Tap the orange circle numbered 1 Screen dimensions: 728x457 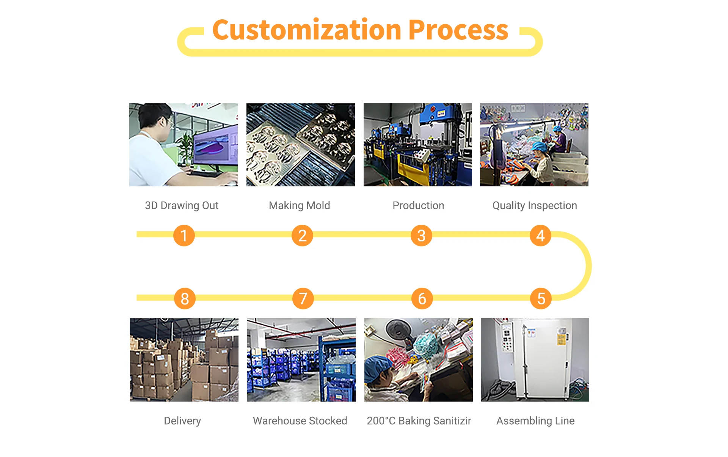click(x=184, y=235)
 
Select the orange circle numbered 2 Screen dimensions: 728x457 click(x=302, y=235)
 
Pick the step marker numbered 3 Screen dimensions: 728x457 click(x=421, y=235)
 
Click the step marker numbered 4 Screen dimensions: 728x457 click(x=540, y=235)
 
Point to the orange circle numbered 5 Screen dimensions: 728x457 click(x=541, y=298)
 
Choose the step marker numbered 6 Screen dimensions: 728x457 click(x=422, y=298)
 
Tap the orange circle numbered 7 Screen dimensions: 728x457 click(x=303, y=298)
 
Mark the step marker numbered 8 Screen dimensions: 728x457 click(x=185, y=298)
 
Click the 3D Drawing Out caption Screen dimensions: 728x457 click(x=182, y=206)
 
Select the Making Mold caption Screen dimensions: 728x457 click(x=300, y=206)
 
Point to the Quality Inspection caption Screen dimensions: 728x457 click(x=535, y=206)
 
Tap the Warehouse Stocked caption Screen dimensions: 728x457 click(x=300, y=421)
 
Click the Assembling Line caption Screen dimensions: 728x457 click(x=535, y=421)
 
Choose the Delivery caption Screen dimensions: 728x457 click(x=182, y=421)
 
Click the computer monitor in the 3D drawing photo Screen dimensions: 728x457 click(x=215, y=146)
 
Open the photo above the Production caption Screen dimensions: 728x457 click(x=418, y=145)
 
